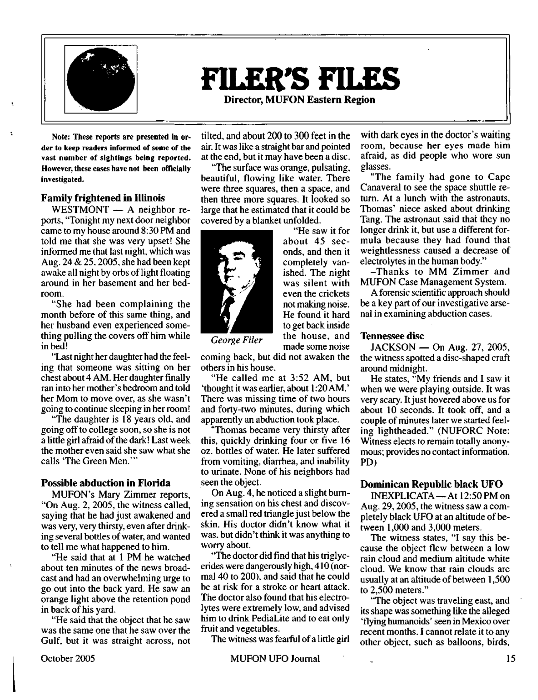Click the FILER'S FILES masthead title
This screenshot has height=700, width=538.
click(x=300, y=78)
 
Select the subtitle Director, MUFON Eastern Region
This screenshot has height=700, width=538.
click(x=299, y=100)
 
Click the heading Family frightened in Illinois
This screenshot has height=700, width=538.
click(x=103, y=198)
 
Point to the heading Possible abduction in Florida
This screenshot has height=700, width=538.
click(x=106, y=483)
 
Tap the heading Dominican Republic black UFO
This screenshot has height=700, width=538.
click(x=431, y=484)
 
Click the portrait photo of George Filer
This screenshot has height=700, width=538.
click(x=237, y=281)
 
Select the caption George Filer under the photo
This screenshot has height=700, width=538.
click(x=237, y=340)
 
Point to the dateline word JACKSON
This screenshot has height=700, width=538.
click(x=393, y=347)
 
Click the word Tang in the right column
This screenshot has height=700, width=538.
click(x=368, y=220)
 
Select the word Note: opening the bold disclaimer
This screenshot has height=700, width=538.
click(x=61, y=137)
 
